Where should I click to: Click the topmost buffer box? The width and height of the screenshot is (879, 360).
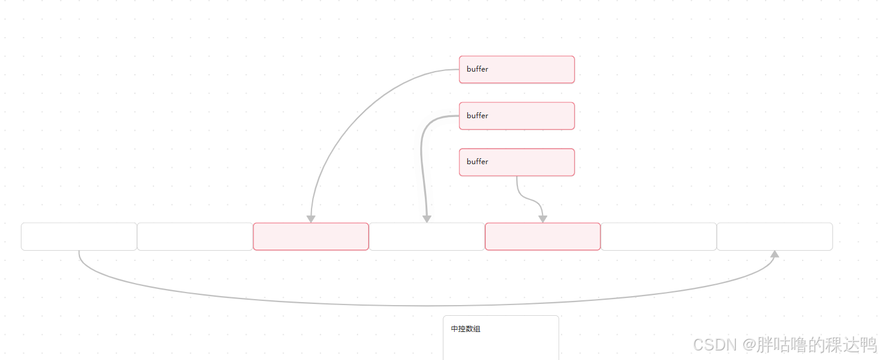[516, 69]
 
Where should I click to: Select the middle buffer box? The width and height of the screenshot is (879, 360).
[516, 116]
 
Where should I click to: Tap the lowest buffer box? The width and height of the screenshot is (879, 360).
[516, 162]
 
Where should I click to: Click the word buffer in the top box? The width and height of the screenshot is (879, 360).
[477, 69]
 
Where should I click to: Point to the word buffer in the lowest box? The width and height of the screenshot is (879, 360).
[477, 162]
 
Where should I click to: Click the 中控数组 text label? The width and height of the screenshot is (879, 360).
[465, 329]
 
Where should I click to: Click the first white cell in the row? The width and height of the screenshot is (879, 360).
[79, 236]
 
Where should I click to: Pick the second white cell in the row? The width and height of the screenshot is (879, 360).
[195, 236]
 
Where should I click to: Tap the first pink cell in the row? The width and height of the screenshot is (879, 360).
[311, 236]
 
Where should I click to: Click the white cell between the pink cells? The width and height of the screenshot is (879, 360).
[427, 236]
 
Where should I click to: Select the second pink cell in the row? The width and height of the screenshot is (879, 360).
[542, 236]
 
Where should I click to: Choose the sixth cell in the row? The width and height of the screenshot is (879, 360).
[658, 236]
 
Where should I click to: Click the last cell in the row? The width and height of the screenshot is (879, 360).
[775, 236]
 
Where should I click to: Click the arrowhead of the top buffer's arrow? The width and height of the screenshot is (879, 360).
[311, 219]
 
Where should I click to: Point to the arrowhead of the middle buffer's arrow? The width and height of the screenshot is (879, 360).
[427, 219]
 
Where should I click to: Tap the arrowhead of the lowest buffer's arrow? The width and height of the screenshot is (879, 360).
[542, 219]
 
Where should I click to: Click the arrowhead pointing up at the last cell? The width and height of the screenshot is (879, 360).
[775, 254]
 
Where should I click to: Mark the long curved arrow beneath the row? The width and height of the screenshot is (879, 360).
[427, 306]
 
